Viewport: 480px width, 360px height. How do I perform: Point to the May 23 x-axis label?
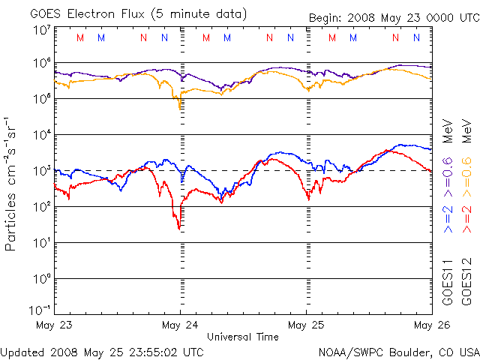pos(53,325)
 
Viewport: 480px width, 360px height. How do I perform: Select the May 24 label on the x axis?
pos(180,325)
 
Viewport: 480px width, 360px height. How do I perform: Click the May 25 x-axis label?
pos(306,325)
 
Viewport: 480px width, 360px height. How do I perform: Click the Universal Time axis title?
pos(242,337)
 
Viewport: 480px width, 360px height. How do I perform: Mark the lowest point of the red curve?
pos(178,228)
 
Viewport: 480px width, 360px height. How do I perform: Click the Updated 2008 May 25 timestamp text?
pos(102,351)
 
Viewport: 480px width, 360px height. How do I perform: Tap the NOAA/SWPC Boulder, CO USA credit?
pos(398,351)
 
